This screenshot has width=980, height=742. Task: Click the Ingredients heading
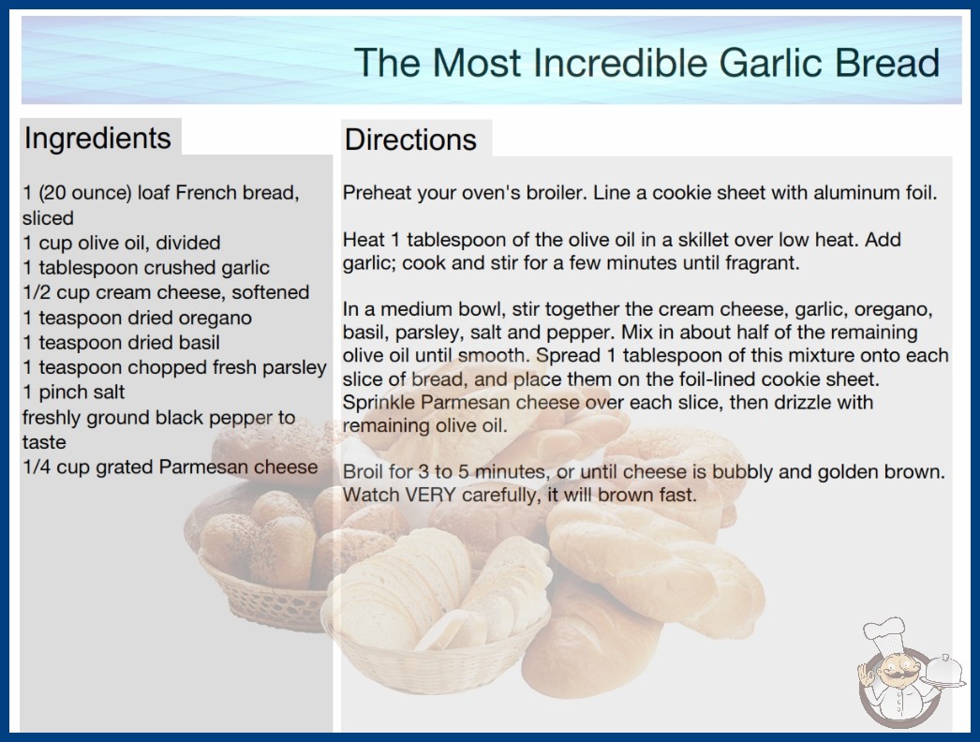[x=97, y=139]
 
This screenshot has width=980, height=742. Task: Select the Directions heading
[x=410, y=140]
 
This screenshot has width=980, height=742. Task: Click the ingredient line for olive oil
[x=121, y=243]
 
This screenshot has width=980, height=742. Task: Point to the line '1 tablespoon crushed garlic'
[x=146, y=268]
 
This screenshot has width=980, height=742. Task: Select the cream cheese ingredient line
[x=166, y=292]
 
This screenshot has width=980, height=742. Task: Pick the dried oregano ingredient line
[x=138, y=318]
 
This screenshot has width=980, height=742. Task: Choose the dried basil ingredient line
[x=121, y=343]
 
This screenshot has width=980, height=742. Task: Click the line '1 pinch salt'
[x=74, y=392]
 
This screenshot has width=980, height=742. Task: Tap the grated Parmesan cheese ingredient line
[x=170, y=467]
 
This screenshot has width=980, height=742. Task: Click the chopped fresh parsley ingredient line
[x=174, y=367]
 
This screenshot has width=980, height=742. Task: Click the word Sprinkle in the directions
[x=379, y=403]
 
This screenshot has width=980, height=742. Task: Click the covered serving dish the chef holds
[x=944, y=672]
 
